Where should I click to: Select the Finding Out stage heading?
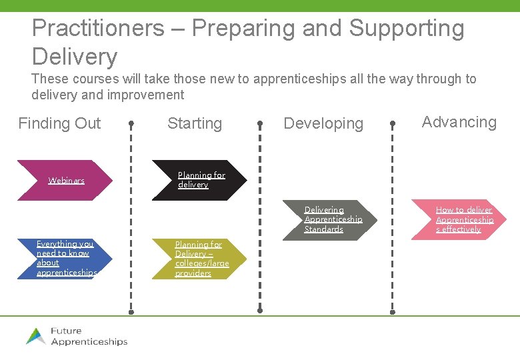pos(59,123)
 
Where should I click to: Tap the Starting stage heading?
pos(195,123)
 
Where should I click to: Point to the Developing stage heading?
pos(323,123)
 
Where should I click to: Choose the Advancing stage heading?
pos(459,122)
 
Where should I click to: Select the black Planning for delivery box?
pos(200,180)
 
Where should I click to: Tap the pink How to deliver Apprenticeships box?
pos(463,219)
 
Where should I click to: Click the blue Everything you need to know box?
pos(65,259)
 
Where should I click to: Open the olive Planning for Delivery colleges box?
pos(200,259)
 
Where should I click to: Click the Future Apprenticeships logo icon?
pos(36,336)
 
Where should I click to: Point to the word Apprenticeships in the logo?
pos(89,342)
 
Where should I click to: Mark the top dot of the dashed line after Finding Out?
pos(131,123)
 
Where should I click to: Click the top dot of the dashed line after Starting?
pos(260,123)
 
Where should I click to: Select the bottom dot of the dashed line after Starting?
pos(260,310)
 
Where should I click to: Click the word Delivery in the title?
pos(74,57)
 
